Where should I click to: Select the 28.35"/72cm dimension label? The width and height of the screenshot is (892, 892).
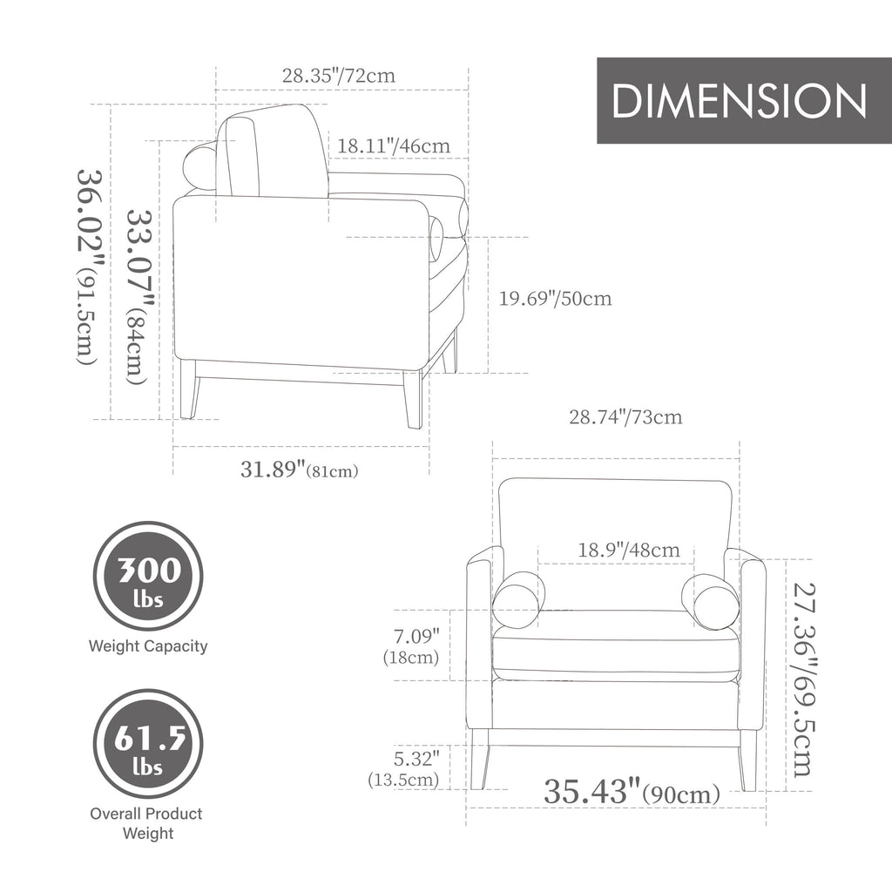339,76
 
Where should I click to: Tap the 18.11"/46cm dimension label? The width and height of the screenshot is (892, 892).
394,146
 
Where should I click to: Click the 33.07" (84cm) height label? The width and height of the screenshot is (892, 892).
139,297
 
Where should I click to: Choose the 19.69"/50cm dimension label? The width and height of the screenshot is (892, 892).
555,299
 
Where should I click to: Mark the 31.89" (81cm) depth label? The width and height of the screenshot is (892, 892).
300,470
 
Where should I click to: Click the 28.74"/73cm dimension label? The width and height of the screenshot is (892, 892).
625,417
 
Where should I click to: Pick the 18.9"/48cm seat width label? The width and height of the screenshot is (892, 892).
629,551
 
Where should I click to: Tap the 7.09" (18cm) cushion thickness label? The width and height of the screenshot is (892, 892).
411,646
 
